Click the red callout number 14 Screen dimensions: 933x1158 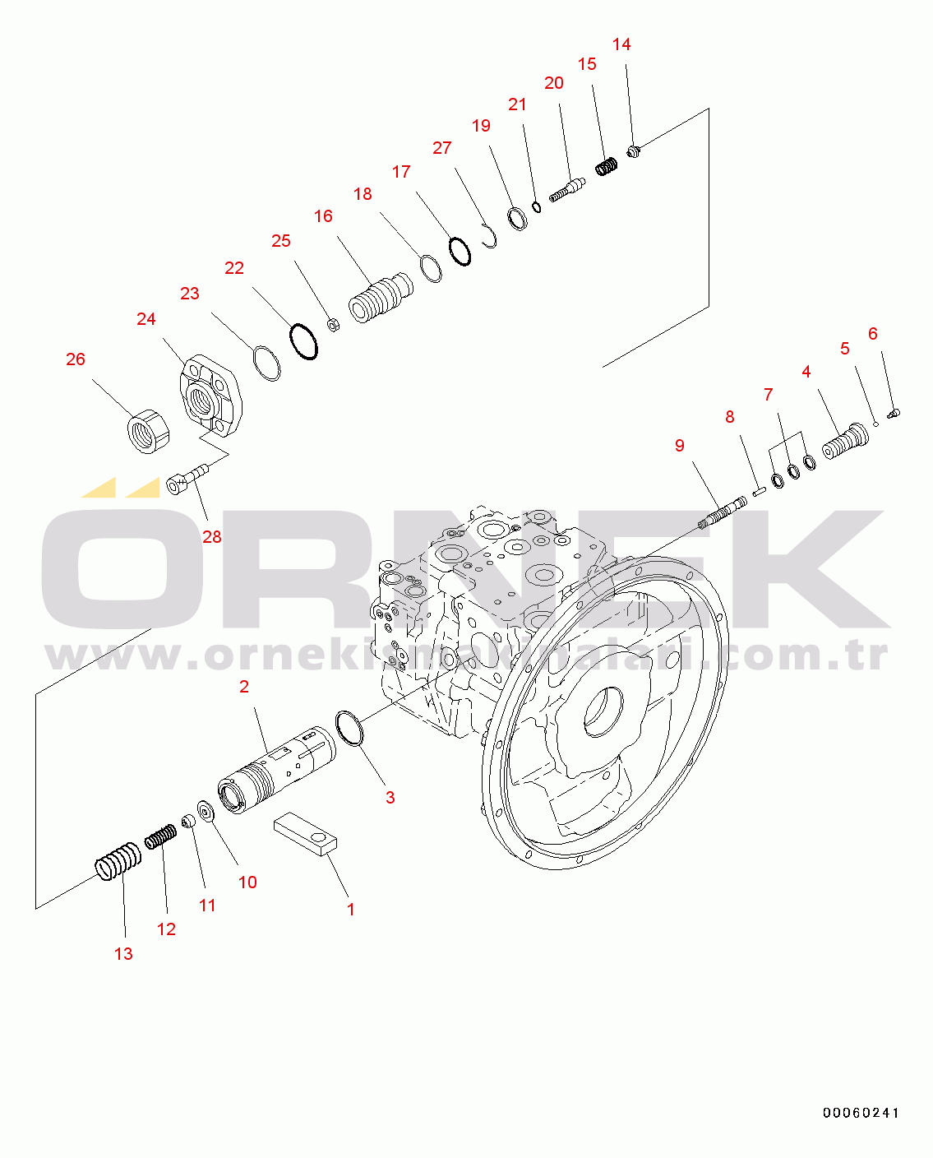click(x=621, y=44)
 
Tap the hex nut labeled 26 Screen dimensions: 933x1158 click(x=149, y=431)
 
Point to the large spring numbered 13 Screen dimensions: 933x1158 click(x=118, y=861)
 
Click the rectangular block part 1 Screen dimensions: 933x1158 click(x=306, y=833)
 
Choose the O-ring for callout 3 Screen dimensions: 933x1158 click(x=349, y=728)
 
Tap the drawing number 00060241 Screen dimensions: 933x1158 click(x=861, y=1113)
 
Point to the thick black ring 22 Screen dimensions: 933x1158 click(x=304, y=341)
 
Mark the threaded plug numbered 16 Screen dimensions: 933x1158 click(x=381, y=298)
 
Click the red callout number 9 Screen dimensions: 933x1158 click(x=680, y=446)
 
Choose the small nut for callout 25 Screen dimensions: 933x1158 click(x=334, y=325)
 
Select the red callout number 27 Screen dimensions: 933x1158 click(x=442, y=148)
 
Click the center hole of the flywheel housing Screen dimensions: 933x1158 click(x=604, y=712)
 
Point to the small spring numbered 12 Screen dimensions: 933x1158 click(x=161, y=836)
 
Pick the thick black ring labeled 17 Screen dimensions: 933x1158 click(x=460, y=252)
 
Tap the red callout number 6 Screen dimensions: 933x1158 click(x=873, y=334)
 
